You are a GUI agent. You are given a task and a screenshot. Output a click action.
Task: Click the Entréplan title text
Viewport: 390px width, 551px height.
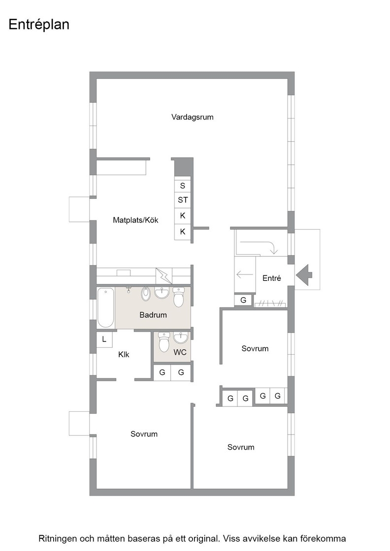[x=39, y=25]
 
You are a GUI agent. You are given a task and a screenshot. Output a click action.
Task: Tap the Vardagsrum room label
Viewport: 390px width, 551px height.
[x=193, y=117]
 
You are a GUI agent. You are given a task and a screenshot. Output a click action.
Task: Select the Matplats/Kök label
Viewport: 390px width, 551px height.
[x=135, y=220]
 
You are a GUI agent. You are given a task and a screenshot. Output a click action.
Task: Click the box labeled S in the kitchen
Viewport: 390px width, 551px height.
[x=183, y=185]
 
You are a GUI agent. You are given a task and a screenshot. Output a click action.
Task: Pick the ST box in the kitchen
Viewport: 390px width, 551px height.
[x=183, y=200]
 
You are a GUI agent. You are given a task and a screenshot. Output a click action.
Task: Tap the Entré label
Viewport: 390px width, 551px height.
[x=271, y=278]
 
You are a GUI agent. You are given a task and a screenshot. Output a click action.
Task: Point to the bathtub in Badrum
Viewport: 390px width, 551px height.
[x=105, y=307]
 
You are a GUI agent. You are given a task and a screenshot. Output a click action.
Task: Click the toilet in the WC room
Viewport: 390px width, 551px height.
[x=164, y=342]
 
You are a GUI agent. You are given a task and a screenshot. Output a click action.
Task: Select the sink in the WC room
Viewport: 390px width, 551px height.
[x=180, y=337]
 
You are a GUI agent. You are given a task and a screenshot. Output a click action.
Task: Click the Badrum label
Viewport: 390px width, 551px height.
[x=153, y=315]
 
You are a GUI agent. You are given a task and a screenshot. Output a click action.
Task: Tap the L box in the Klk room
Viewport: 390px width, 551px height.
[x=104, y=339]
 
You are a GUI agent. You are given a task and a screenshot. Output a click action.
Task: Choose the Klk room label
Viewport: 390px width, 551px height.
[x=124, y=355]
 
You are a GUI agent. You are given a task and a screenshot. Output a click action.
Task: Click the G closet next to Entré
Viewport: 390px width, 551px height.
[x=243, y=300]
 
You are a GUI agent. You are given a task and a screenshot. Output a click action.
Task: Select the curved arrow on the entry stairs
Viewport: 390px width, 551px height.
[x=259, y=246]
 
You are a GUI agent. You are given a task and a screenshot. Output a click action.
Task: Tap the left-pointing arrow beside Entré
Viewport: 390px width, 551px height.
[x=245, y=274]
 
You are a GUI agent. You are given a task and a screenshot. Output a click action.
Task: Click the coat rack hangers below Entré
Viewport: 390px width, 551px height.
[x=270, y=304]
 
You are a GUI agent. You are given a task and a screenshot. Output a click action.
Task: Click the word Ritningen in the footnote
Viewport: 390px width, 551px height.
[x=58, y=539]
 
